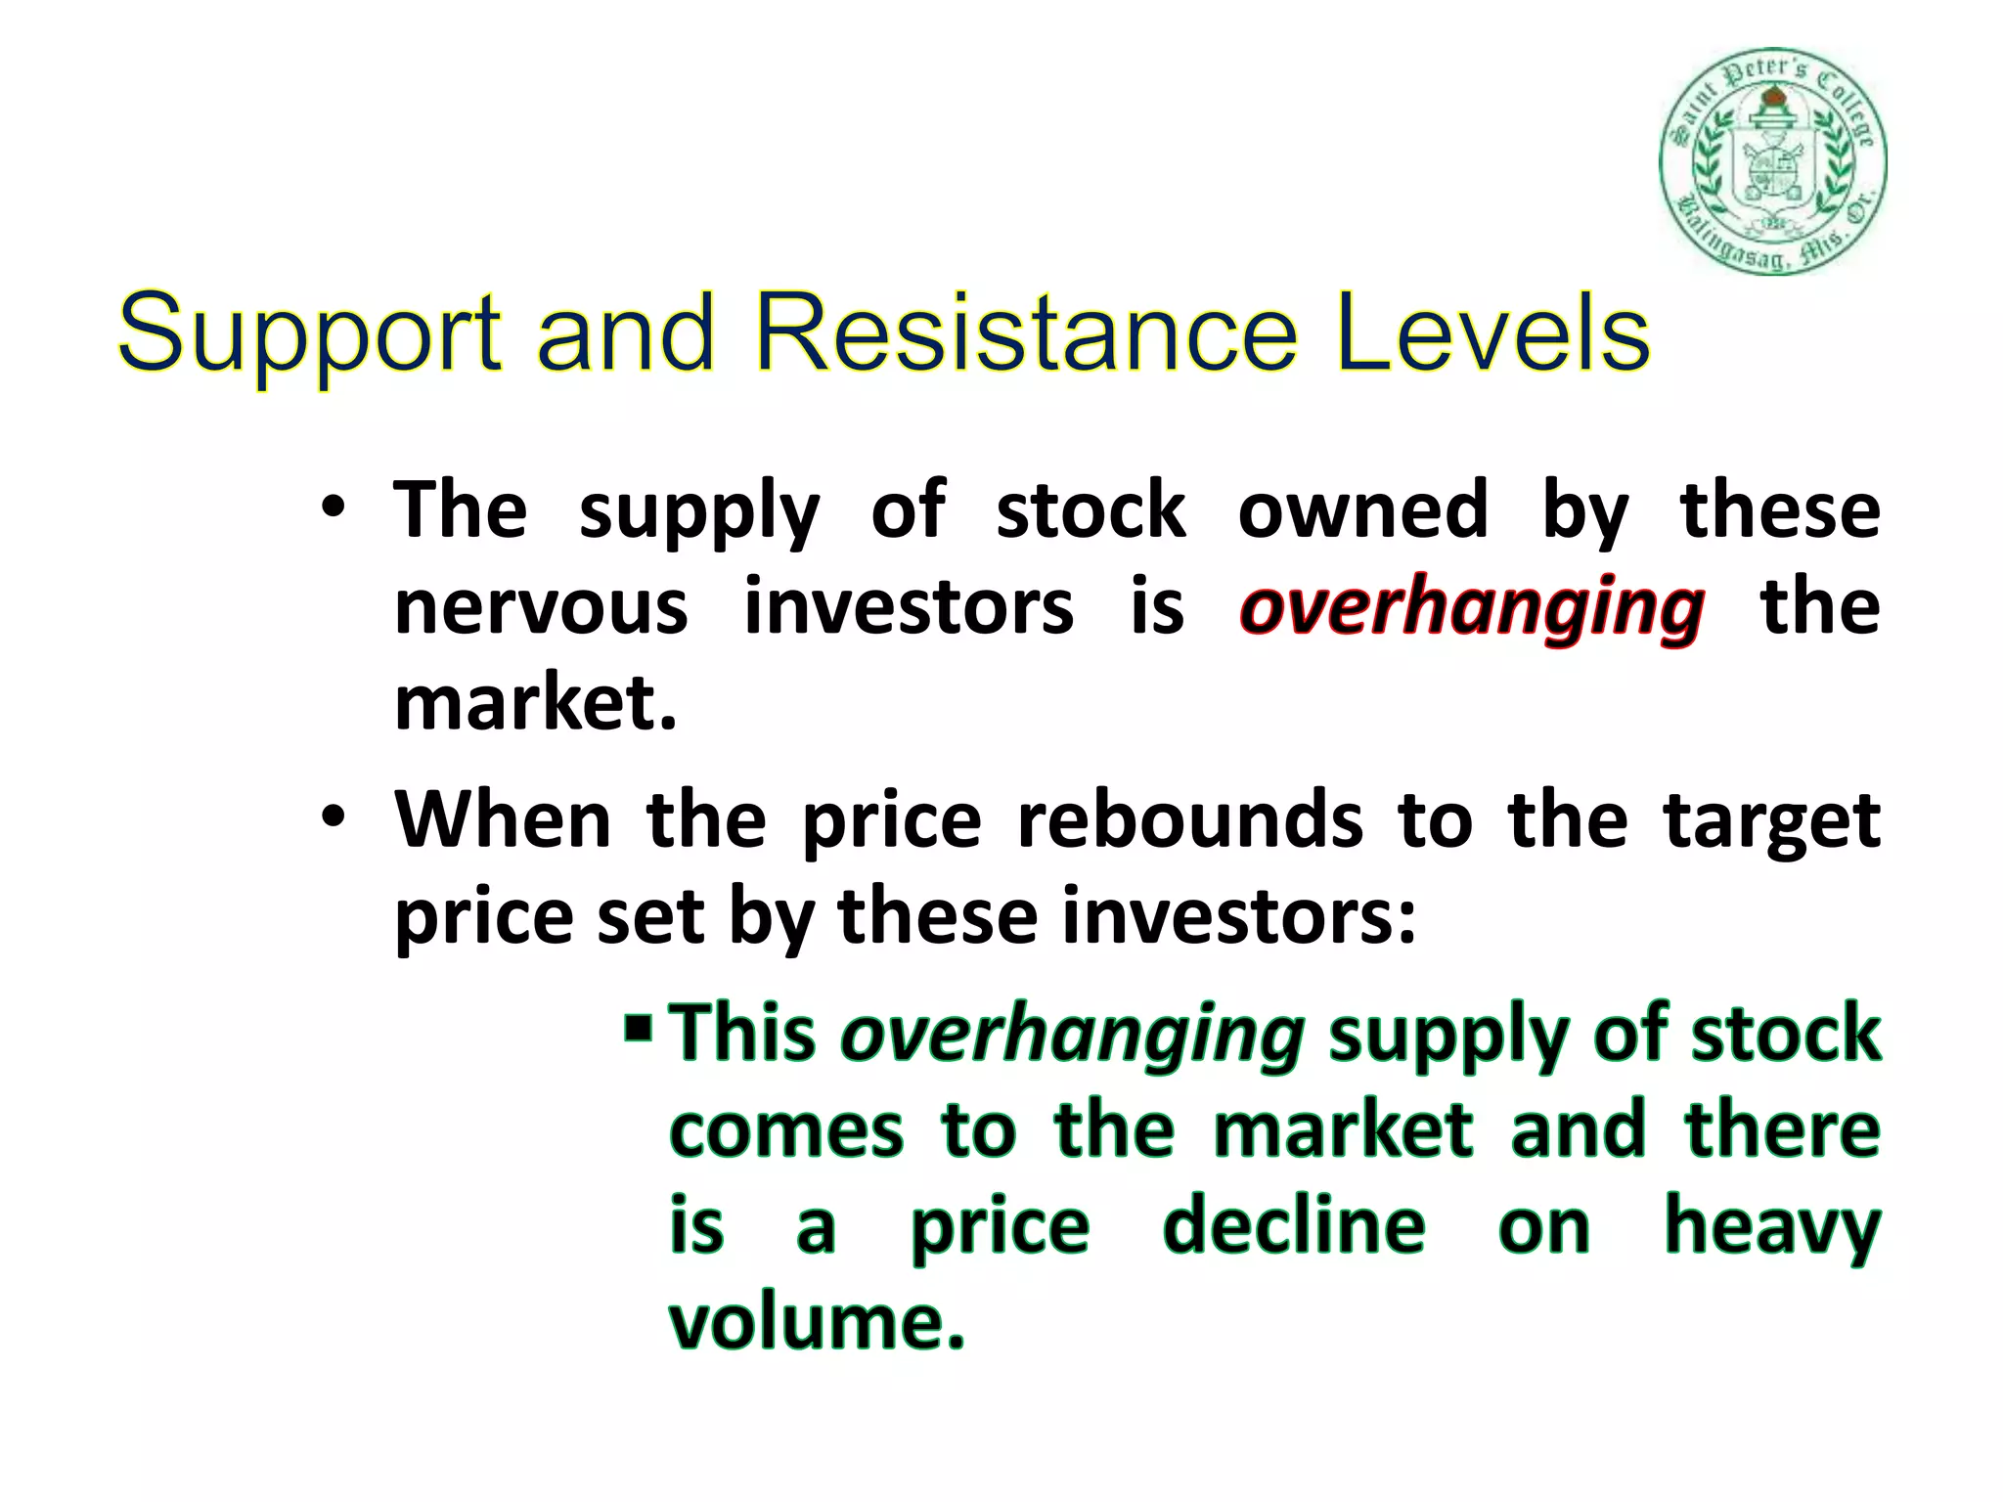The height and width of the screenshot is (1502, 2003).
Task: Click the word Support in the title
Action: pyautogui.click(x=309, y=335)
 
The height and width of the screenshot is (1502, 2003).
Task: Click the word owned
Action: pyautogui.click(x=1362, y=509)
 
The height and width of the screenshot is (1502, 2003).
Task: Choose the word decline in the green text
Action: pyautogui.click(x=1293, y=1226)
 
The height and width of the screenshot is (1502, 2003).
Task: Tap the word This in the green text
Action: pyautogui.click(x=742, y=1033)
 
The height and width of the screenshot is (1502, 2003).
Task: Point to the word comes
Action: pyautogui.click(x=785, y=1130)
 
